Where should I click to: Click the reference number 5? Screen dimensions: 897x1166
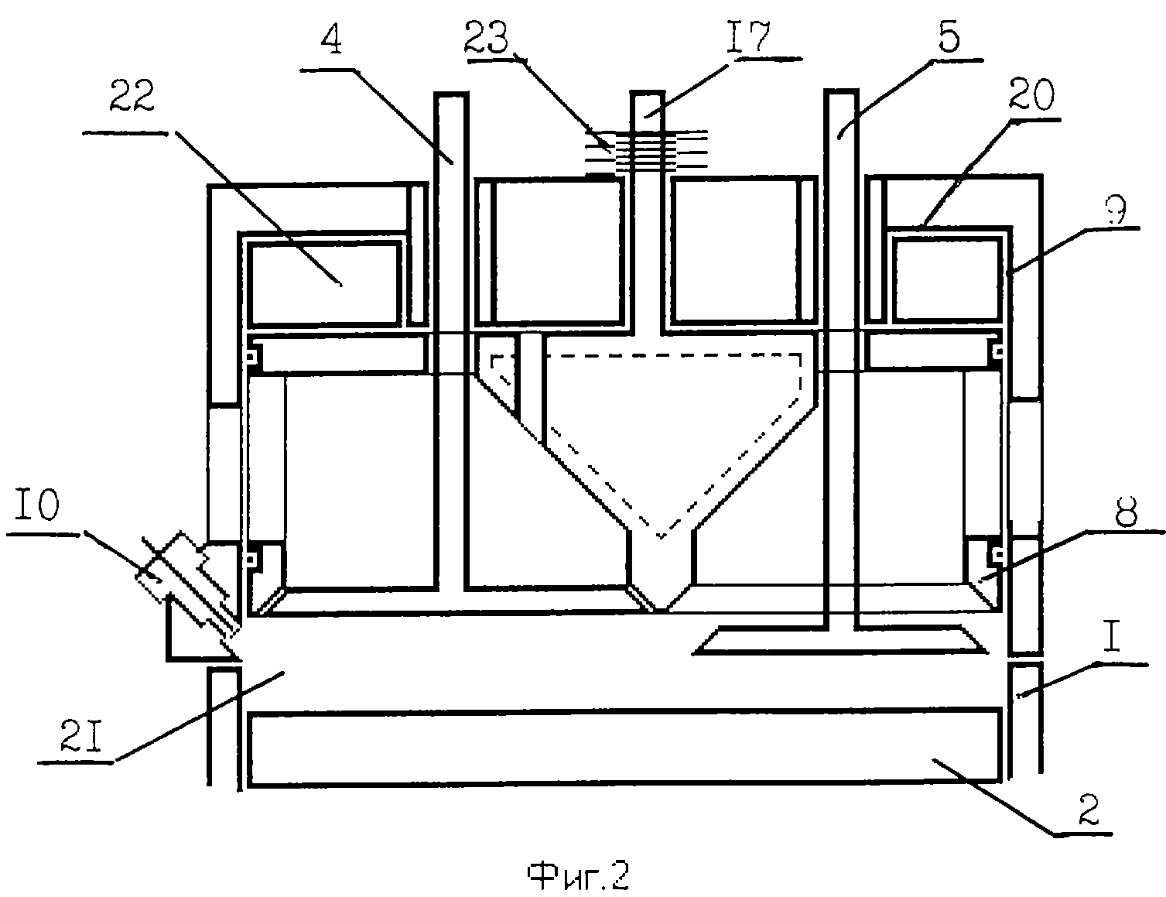949,34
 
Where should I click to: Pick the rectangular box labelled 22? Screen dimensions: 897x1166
323,282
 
